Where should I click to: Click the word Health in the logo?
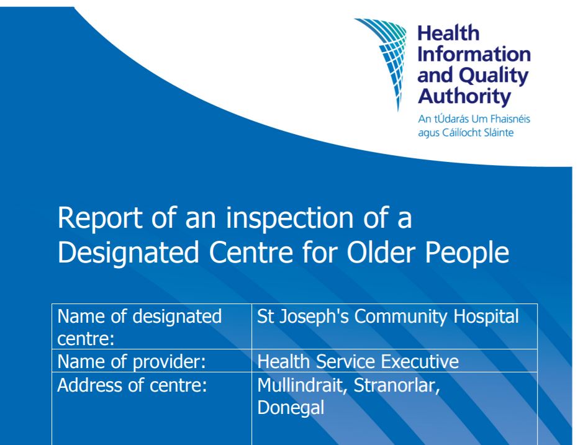point(448,34)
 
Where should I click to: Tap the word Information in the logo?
point(474,54)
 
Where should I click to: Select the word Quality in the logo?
point(494,76)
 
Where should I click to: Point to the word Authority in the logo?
point(464,97)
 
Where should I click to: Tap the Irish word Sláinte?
point(495,133)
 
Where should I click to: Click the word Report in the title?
point(100,218)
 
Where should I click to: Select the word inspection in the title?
point(289,218)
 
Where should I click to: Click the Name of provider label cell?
point(151,361)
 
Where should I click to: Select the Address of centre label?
point(132,385)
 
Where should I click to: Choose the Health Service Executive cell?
point(394,361)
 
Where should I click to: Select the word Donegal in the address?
point(291,408)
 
